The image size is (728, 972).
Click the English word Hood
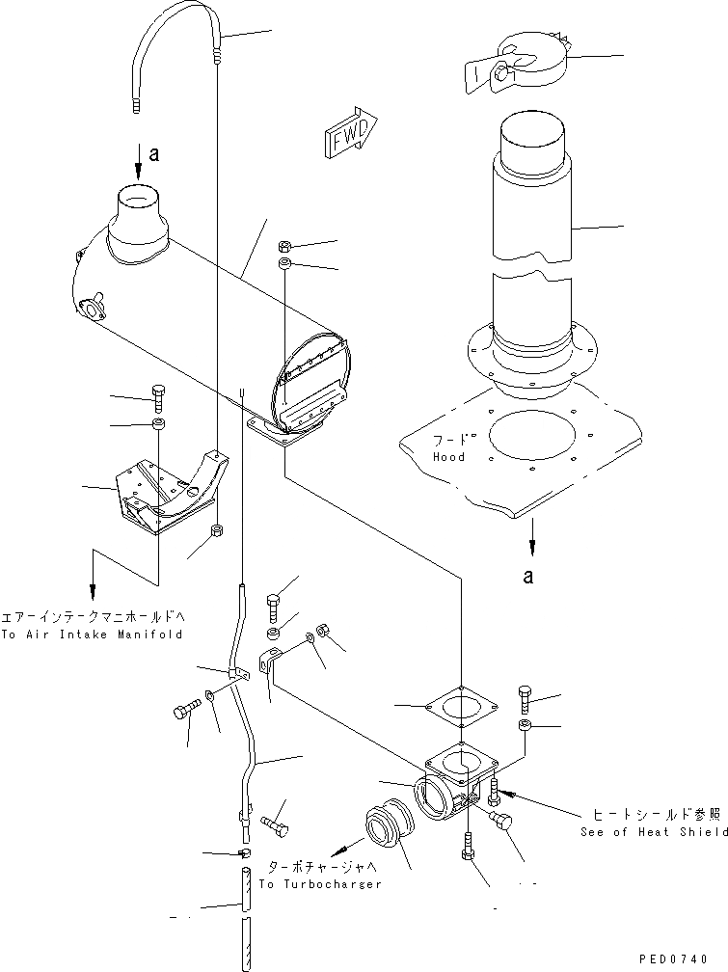(448, 457)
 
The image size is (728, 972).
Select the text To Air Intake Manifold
(92, 635)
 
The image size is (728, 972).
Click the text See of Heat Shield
(655, 832)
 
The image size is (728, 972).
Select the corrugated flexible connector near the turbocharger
(390, 837)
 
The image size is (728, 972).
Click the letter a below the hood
(527, 577)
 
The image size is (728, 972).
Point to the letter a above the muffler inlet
(154, 151)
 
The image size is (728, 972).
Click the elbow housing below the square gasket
(453, 781)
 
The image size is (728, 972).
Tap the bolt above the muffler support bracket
(159, 394)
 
